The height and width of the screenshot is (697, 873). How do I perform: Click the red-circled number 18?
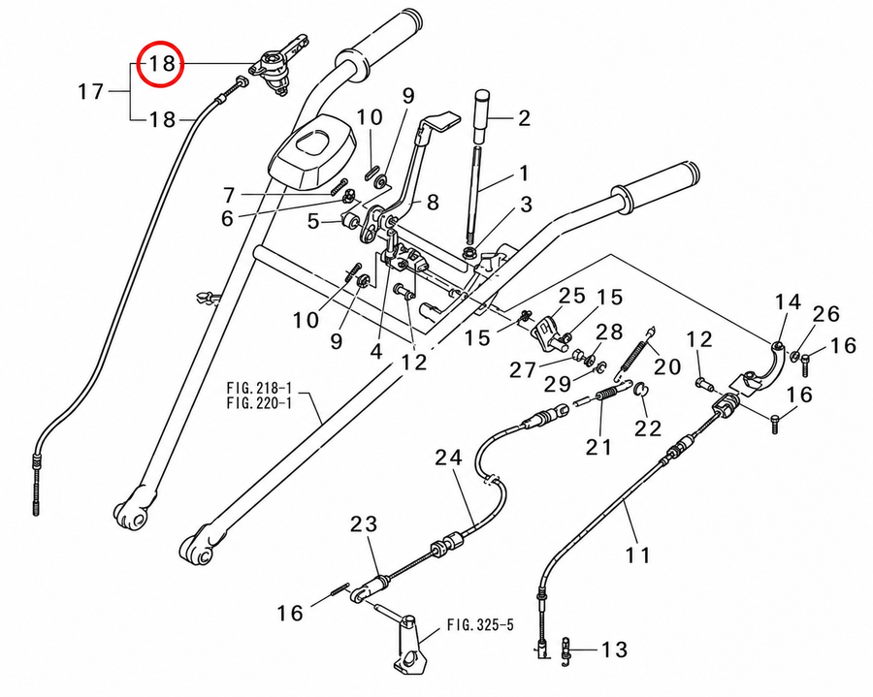[162, 63]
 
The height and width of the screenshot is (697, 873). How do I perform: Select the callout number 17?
[91, 91]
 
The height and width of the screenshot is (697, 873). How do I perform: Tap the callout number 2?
[524, 118]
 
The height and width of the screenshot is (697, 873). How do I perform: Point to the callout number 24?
[449, 458]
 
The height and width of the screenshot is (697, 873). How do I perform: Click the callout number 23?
[364, 524]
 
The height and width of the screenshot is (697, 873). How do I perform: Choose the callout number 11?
[637, 554]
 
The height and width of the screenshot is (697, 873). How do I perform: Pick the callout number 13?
[614, 649]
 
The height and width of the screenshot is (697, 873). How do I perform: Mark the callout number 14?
[788, 302]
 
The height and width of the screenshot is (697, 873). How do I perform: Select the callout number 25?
[573, 296]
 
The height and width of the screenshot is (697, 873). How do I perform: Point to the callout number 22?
[648, 428]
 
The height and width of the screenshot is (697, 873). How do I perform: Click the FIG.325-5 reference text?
[480, 625]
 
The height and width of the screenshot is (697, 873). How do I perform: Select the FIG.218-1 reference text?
[259, 387]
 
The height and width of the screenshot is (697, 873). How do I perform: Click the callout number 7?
[229, 195]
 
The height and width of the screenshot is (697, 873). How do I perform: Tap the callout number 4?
[376, 352]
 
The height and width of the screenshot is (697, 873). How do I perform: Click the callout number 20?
[667, 366]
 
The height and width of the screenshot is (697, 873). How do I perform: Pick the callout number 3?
[526, 205]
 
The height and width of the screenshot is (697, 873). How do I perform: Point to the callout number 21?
[598, 446]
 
